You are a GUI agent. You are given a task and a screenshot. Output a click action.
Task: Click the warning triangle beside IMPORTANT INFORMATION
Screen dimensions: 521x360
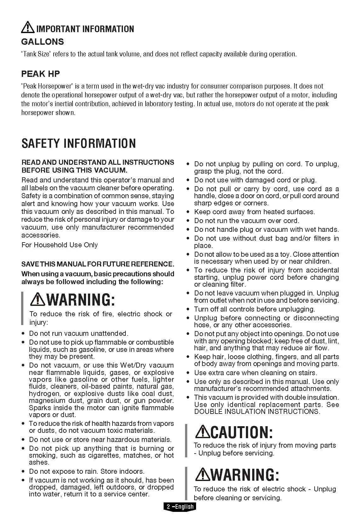(28, 27)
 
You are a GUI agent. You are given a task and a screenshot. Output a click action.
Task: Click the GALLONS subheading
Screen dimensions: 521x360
(43, 42)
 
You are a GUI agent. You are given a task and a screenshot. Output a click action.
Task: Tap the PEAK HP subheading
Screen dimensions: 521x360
(40, 74)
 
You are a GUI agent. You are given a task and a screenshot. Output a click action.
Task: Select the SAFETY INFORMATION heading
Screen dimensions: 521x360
(78, 143)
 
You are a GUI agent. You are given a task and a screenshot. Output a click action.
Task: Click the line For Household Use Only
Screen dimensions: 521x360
(60, 245)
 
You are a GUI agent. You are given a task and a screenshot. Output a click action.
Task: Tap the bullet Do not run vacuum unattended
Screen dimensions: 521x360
(79, 333)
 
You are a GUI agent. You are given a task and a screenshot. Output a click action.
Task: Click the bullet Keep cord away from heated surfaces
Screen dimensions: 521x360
(254, 212)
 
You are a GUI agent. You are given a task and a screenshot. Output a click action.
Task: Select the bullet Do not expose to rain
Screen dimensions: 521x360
(87, 471)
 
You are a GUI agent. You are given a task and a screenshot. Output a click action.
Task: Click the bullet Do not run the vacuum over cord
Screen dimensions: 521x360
(247, 220)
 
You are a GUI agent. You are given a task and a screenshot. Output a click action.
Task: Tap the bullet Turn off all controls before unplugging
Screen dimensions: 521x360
(254, 309)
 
